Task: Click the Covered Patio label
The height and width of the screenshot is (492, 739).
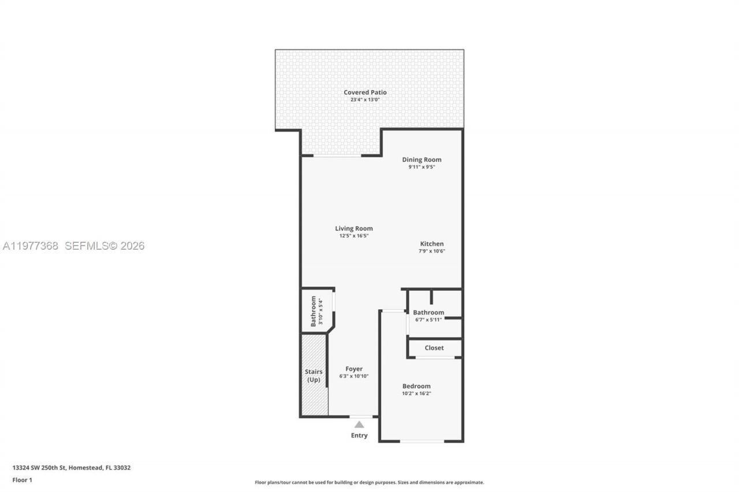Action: [365, 92]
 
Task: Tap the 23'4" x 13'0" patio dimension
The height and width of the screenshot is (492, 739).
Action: [365, 100]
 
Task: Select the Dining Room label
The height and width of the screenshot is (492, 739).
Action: [421, 160]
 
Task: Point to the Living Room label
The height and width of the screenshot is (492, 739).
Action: [354, 228]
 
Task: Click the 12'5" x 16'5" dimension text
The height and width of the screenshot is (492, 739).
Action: [354, 235]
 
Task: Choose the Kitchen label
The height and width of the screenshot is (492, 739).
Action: [432, 244]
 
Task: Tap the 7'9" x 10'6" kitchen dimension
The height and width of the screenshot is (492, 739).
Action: [432, 251]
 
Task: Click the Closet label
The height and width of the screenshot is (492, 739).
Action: [434, 348]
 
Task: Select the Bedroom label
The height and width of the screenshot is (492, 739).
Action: [416, 386]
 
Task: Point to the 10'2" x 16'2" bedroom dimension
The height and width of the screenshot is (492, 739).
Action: [416, 393]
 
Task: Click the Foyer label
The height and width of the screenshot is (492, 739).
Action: [354, 369]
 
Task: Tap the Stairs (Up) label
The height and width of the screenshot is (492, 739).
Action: [313, 375]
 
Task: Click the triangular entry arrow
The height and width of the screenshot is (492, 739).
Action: [359, 425]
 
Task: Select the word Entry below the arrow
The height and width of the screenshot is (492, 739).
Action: [359, 435]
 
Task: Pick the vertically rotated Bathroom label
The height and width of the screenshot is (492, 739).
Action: [313, 311]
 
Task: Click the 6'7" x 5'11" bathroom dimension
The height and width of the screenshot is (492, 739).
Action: [428, 320]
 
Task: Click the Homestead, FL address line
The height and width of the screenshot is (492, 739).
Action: [72, 468]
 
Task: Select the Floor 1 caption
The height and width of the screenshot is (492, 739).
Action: [22, 480]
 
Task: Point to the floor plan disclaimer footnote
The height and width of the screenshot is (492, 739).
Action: [369, 482]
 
